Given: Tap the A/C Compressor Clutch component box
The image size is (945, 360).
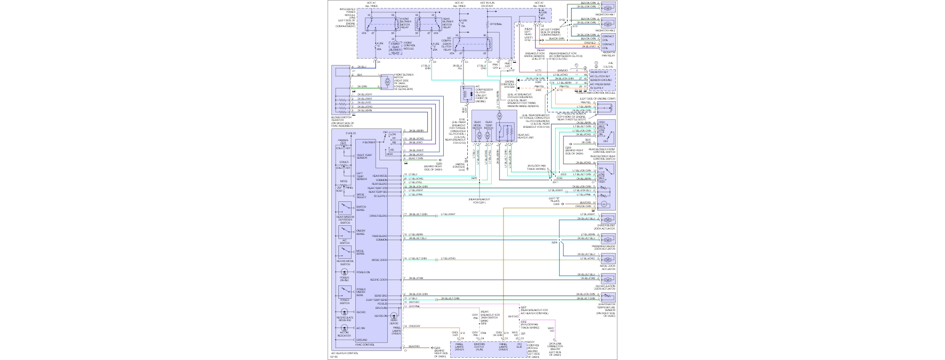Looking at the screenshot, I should pos(467,94).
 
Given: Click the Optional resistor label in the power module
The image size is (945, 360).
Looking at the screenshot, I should pos(495,24).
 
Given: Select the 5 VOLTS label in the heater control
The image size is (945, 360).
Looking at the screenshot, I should pos(351,133).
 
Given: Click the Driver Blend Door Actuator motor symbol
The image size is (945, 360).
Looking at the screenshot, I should pos(608,219).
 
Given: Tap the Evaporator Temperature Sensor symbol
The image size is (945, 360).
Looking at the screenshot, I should pos(608,297).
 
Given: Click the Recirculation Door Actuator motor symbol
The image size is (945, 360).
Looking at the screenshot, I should pos(608,278).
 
